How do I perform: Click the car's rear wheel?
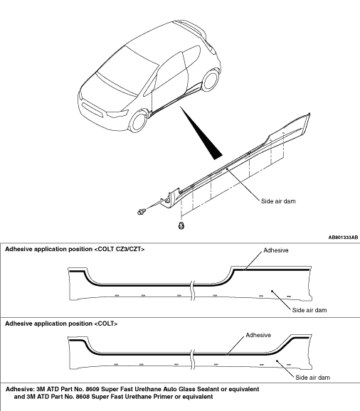click(211, 80)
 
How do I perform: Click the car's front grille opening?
click(92, 109)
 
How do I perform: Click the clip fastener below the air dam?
click(181, 225)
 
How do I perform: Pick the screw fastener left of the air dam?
click(142, 211)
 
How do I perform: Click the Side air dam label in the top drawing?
click(278, 201)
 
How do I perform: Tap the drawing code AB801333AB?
click(343, 237)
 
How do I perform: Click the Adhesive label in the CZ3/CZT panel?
click(276, 250)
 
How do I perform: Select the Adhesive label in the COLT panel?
click(258, 335)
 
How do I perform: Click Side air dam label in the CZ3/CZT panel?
click(309, 310)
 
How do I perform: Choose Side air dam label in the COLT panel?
click(313, 378)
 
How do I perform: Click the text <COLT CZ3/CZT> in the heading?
click(120, 249)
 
